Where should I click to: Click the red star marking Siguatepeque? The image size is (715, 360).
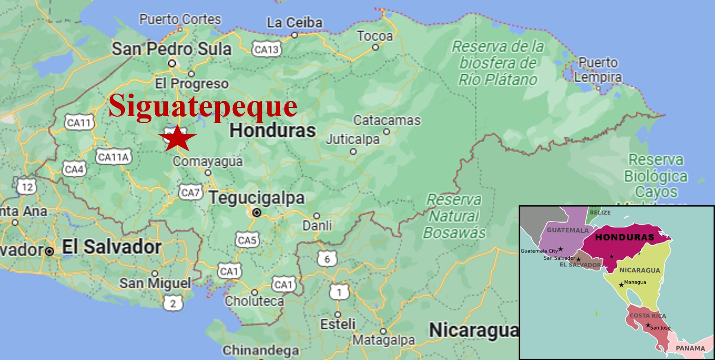pyautogui.click(x=177, y=138)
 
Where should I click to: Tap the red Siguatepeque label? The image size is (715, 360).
pyautogui.click(x=203, y=106)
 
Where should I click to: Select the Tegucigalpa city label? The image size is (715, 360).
pyautogui.click(x=257, y=198)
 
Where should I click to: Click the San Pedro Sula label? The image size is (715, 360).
pyautogui.click(x=171, y=48)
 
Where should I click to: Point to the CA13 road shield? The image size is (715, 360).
pyautogui.click(x=266, y=49)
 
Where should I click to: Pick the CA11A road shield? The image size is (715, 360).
pyautogui.click(x=113, y=157)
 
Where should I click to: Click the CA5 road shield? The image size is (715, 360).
pyautogui.click(x=247, y=240)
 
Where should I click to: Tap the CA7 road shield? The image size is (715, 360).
pyautogui.click(x=190, y=192)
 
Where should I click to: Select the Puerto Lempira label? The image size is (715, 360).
pyautogui.click(x=598, y=69)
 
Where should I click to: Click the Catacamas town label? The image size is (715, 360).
pyautogui.click(x=387, y=121)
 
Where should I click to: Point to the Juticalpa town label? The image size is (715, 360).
pyautogui.click(x=353, y=139)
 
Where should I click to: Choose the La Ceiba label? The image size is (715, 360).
pyautogui.click(x=295, y=23)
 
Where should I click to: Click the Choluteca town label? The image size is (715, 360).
pyautogui.click(x=254, y=301)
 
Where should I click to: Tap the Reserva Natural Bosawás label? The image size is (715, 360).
pyautogui.click(x=455, y=216)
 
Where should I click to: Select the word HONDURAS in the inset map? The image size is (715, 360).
pyautogui.click(x=624, y=237)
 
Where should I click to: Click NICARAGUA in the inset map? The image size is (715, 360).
pyautogui.click(x=639, y=270)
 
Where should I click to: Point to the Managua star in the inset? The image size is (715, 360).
pyautogui.click(x=621, y=285)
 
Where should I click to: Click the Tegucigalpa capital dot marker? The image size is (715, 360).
pyautogui.click(x=257, y=212)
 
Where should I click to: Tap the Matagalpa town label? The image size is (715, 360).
pyautogui.click(x=383, y=341)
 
